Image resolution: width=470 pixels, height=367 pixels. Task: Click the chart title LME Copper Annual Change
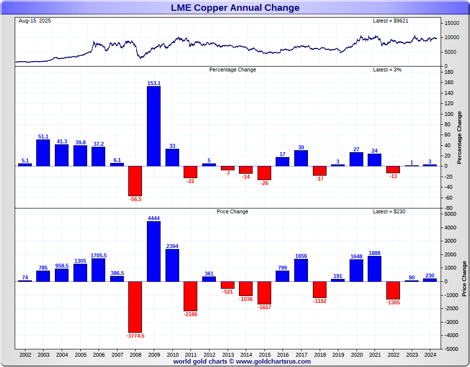click(x=235, y=7)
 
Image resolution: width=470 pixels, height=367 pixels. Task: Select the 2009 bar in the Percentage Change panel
click(x=154, y=126)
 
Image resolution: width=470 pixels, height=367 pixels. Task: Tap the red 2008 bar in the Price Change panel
click(x=135, y=306)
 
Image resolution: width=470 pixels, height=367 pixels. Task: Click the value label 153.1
click(x=154, y=83)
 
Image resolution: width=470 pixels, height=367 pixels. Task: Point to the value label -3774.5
click(x=135, y=336)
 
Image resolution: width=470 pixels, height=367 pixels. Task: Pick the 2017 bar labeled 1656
click(x=301, y=270)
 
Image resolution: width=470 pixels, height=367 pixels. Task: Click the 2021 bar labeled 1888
click(x=375, y=269)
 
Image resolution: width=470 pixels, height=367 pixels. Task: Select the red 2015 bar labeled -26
click(x=264, y=173)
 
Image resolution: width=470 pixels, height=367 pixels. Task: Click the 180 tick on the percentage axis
click(x=449, y=72)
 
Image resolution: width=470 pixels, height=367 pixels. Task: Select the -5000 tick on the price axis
click(x=451, y=349)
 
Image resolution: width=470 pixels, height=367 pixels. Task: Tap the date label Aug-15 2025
click(x=35, y=21)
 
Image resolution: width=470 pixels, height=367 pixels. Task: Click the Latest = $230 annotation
click(x=389, y=211)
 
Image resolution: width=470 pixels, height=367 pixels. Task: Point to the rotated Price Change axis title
click(x=464, y=279)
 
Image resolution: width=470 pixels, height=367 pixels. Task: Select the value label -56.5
click(x=135, y=199)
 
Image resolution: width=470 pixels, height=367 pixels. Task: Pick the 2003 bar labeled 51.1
click(x=43, y=153)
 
